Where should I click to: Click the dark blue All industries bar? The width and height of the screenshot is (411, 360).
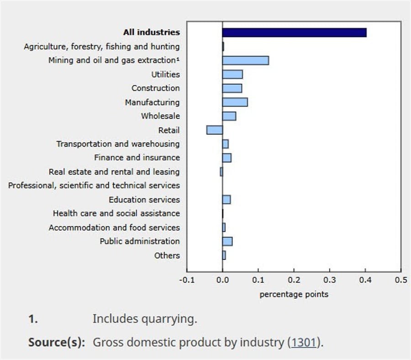click(x=294, y=32)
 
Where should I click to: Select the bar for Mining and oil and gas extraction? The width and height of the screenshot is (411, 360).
click(x=245, y=60)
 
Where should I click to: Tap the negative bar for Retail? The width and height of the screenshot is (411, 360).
click(x=214, y=130)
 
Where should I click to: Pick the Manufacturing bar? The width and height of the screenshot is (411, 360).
click(x=235, y=102)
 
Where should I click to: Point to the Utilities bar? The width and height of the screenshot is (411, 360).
click(x=232, y=74)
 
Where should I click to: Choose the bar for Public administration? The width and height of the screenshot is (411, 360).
click(x=227, y=241)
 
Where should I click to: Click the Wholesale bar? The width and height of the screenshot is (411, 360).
click(x=229, y=116)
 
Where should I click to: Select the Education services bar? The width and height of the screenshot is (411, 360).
click(x=226, y=200)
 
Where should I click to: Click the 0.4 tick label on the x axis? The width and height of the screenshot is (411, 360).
click(x=365, y=280)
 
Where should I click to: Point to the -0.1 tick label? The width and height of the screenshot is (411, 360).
click(x=186, y=280)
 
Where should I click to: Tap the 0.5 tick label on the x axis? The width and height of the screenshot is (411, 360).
click(x=401, y=280)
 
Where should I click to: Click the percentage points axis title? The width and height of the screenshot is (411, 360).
click(x=294, y=294)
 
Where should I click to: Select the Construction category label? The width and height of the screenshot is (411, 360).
click(x=155, y=88)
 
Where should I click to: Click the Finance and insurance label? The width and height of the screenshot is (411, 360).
click(x=137, y=158)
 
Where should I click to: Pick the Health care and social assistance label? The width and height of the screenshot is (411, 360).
click(x=116, y=213)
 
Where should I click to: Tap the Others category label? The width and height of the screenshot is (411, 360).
click(x=167, y=255)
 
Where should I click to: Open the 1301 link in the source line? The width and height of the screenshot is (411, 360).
click(x=304, y=342)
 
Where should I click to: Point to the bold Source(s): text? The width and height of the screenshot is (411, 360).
click(x=57, y=342)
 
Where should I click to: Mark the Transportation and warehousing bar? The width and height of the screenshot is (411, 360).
click(x=225, y=144)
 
